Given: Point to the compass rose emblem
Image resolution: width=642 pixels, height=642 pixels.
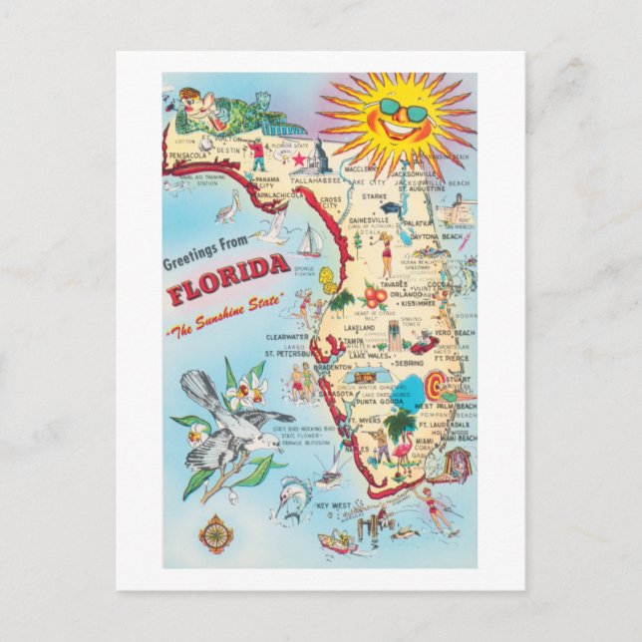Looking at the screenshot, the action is point(215,533).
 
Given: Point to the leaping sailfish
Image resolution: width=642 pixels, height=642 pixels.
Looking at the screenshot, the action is point(292,498).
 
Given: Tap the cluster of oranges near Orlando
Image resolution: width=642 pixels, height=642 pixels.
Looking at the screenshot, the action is point(375,296).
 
